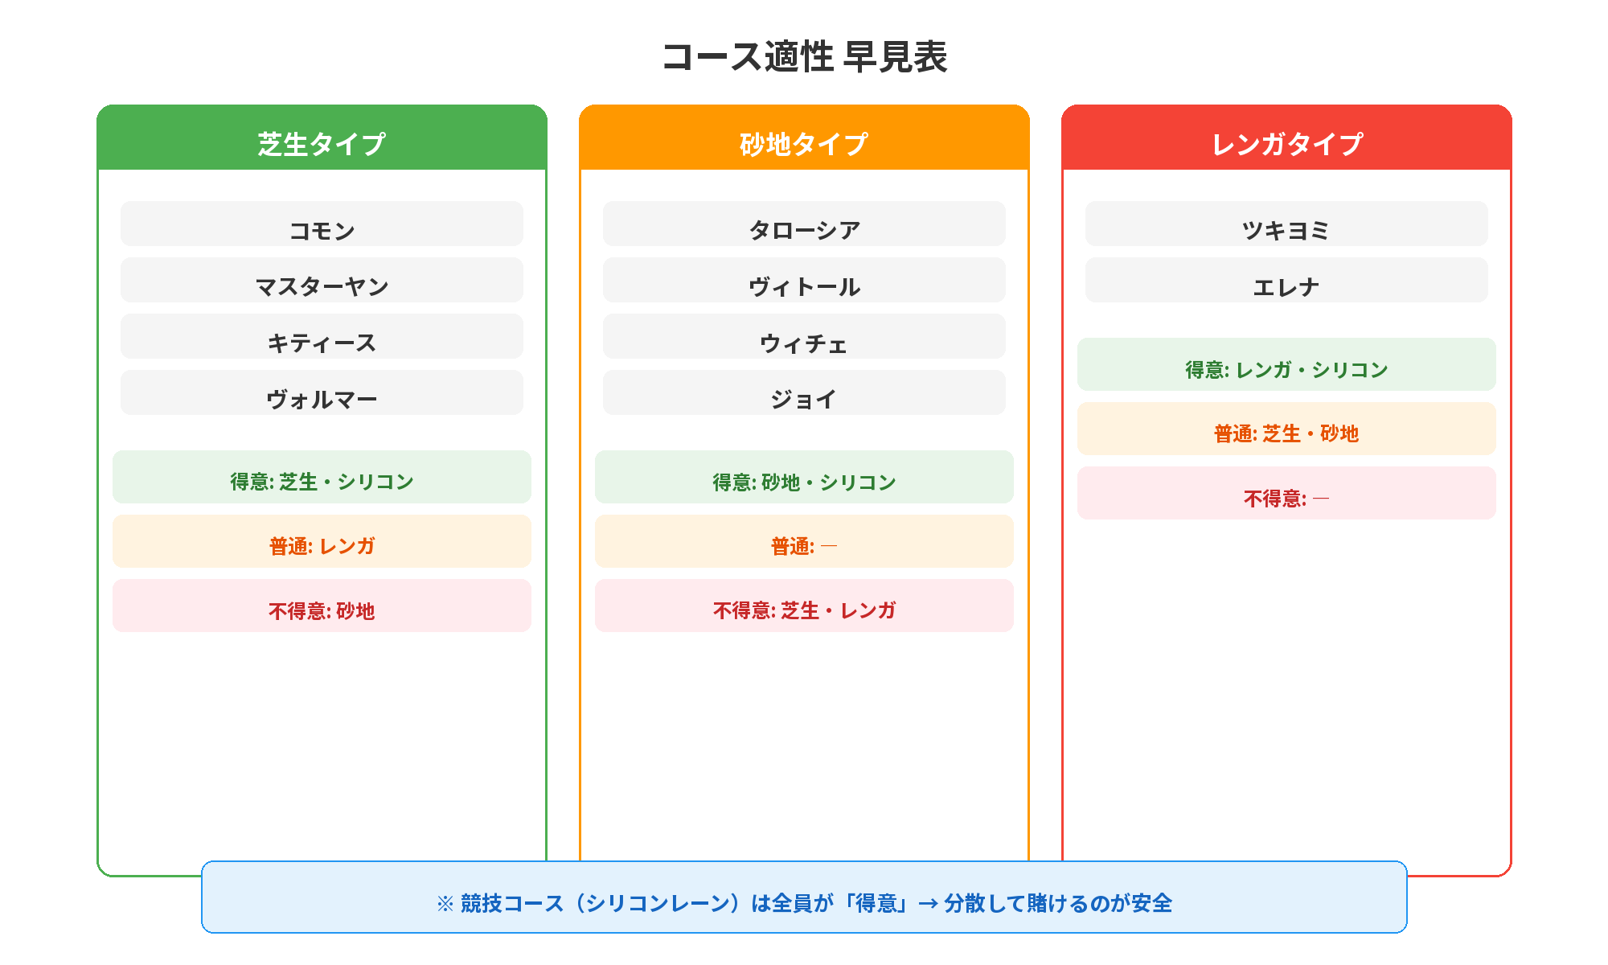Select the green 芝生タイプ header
pos(322,143)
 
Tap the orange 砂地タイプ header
pos(804,143)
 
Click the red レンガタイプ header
pos(1286,143)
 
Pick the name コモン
pos(322,230)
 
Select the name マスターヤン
pos(322,286)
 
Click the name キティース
pos(322,343)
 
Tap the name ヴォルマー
pos(322,399)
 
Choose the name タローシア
pos(804,230)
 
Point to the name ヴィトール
pos(804,286)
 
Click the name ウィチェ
pos(804,343)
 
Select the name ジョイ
pos(804,399)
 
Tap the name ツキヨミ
pos(1286,230)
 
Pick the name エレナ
pos(1286,286)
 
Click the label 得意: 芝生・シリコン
pos(322,481)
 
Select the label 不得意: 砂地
pos(322,610)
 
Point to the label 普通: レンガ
pos(322,545)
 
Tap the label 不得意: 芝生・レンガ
pos(804,610)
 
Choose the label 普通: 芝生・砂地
pos(1286,433)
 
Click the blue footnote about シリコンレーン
pos(804,902)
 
